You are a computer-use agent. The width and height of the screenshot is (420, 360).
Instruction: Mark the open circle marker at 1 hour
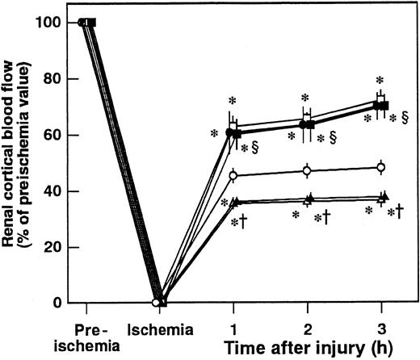click(233, 175)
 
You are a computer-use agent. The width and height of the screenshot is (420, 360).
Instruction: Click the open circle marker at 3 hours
click(380, 168)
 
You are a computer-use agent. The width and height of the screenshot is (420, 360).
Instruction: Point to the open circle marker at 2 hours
click(307, 170)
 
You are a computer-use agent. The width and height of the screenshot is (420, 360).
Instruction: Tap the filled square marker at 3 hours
click(384, 106)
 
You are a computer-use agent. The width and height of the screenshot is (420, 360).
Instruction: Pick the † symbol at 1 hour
click(242, 220)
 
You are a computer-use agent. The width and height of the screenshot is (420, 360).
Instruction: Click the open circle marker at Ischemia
click(156, 303)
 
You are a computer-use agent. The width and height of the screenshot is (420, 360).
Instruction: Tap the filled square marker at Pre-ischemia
click(92, 22)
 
